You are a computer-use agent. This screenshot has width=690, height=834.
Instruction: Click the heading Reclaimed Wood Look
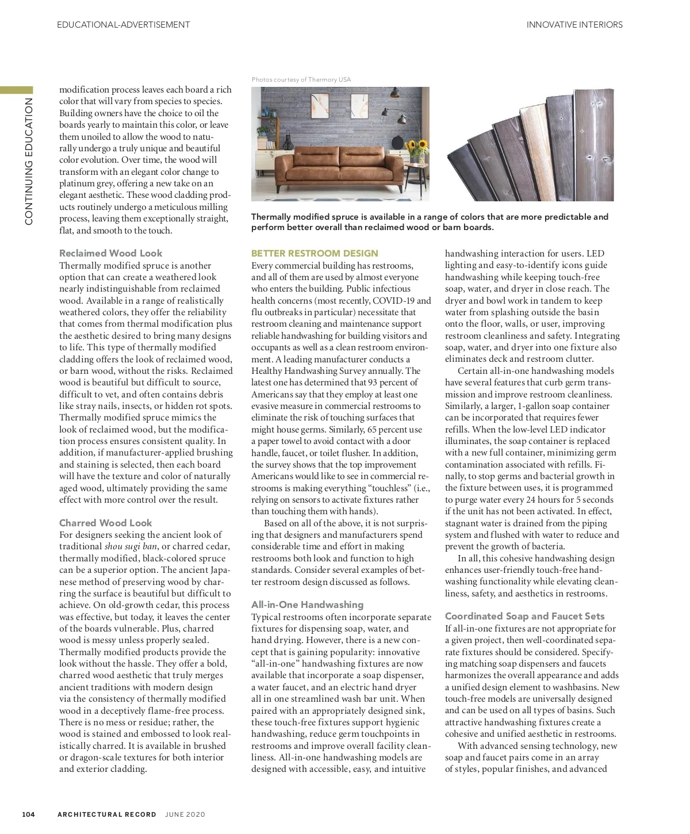tap(110, 253)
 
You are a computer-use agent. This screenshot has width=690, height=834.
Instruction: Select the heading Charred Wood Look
tap(105, 523)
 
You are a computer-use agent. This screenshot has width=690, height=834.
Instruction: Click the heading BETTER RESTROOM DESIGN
tap(315, 253)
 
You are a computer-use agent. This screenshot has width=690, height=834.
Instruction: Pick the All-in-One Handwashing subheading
tap(307, 605)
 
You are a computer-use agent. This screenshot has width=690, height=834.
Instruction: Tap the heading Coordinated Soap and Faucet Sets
tap(524, 616)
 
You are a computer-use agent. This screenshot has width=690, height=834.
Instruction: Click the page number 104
tap(29, 814)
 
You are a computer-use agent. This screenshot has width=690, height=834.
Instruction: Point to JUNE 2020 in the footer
tap(185, 814)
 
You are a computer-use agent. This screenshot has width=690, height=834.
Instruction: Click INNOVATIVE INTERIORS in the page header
tap(574, 25)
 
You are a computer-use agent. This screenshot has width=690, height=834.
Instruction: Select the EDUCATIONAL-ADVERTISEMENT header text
tap(124, 25)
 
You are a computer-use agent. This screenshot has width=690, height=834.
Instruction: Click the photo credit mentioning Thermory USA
tap(301, 80)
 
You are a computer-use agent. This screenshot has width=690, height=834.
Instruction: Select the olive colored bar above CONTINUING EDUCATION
tap(17, 90)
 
